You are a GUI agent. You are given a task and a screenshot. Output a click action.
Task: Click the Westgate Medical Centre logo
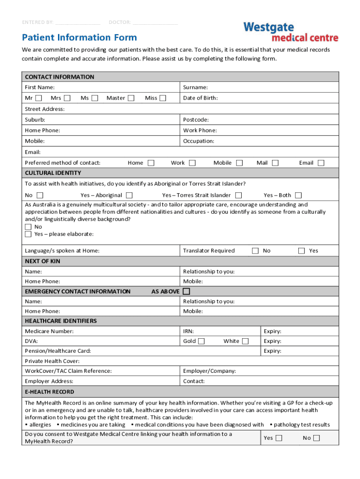pyautogui.click(x=290, y=31)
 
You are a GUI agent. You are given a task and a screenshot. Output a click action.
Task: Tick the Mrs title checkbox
pyautogui.click(x=67, y=98)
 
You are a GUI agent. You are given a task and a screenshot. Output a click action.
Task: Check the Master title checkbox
pyautogui.click(x=131, y=98)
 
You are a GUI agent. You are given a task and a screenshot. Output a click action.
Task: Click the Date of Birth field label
pyautogui.click(x=200, y=98)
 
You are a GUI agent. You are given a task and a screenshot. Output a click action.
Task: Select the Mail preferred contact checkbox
pyautogui.click(x=275, y=163)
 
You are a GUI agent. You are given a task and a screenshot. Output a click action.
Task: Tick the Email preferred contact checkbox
pyautogui.click(x=321, y=163)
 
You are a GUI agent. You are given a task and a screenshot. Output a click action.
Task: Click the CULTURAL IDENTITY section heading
pyautogui.click(x=53, y=173)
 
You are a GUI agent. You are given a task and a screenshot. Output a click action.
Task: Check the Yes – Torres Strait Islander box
pyautogui.click(x=238, y=195)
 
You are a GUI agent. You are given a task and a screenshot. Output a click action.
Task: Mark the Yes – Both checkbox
pyautogui.click(x=298, y=195)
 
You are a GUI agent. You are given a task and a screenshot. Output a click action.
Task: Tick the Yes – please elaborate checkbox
pyautogui.click(x=28, y=234)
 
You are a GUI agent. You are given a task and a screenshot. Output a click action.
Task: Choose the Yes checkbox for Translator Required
pyautogui.click(x=302, y=251)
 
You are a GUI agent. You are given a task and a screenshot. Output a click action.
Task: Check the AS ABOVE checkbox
pyautogui.click(x=186, y=291)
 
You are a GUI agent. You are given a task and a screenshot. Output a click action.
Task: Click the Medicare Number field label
pyautogui.click(x=49, y=331)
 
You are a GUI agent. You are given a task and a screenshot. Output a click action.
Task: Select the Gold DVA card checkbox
pyautogui.click(x=201, y=341)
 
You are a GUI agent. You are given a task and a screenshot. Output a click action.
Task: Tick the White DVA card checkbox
pyautogui.click(x=245, y=341)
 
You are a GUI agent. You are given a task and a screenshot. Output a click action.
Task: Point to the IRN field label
pyautogui.click(x=188, y=331)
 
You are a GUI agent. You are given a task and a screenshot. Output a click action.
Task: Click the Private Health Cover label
pyautogui.click(x=52, y=361)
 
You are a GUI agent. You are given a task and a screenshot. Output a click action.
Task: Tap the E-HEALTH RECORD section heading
pyautogui.click(x=49, y=392)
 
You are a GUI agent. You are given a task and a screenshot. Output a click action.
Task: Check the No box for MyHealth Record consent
pyautogui.click(x=317, y=438)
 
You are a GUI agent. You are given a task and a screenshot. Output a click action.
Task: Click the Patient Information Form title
pyautogui.click(x=79, y=37)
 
